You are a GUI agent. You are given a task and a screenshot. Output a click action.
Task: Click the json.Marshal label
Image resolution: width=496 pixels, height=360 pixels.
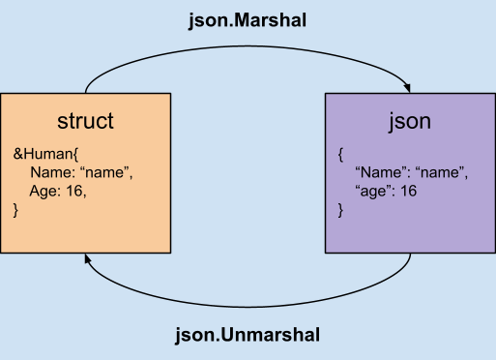click(248, 18)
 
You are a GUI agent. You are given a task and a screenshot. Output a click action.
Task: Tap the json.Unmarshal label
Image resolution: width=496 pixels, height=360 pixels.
click(248, 335)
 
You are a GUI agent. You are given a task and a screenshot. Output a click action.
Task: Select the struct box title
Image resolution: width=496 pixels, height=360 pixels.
click(85, 121)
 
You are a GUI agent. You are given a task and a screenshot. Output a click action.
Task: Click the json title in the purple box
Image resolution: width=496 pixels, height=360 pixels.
click(409, 122)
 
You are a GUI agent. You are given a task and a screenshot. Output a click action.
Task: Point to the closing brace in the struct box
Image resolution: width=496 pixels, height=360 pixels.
click(16, 209)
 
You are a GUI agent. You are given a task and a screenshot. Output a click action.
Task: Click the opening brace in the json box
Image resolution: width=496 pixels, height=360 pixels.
click(341, 154)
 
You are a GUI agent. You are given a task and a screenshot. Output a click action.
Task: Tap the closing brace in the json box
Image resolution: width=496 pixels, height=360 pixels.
click(341, 209)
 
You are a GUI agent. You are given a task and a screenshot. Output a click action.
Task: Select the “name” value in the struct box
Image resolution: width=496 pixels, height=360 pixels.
click(106, 172)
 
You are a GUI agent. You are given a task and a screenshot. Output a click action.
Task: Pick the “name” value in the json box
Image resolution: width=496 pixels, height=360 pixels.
click(441, 172)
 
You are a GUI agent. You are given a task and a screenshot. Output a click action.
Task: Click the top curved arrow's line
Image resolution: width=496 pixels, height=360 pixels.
click(248, 42)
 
